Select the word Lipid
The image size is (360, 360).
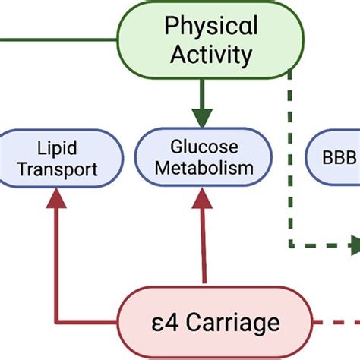pyautogui.click(x=58, y=144)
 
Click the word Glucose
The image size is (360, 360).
pyautogui.click(x=204, y=144)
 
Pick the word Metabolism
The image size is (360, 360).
pyautogui.click(x=204, y=168)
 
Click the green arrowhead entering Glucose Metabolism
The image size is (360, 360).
pyautogui.click(x=202, y=117)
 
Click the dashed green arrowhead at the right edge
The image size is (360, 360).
pyautogui.click(x=353, y=245)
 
